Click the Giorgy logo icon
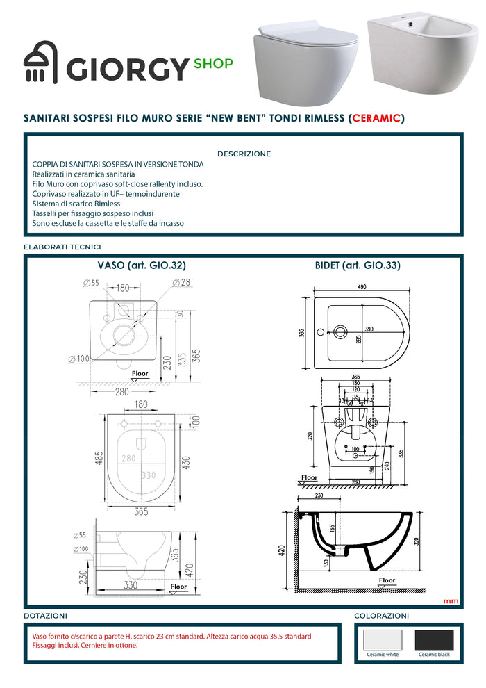click(x=41, y=67)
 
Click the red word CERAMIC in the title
click(x=376, y=118)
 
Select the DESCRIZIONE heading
click(x=244, y=154)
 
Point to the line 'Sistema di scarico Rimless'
click(x=76, y=204)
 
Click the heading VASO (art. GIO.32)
click(x=141, y=265)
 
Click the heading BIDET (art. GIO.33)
click(x=358, y=265)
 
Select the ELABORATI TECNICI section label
click(x=62, y=247)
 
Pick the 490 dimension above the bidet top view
click(x=362, y=288)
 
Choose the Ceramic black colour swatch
click(x=434, y=639)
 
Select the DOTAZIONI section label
click(x=46, y=616)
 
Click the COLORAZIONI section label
click(x=381, y=616)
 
